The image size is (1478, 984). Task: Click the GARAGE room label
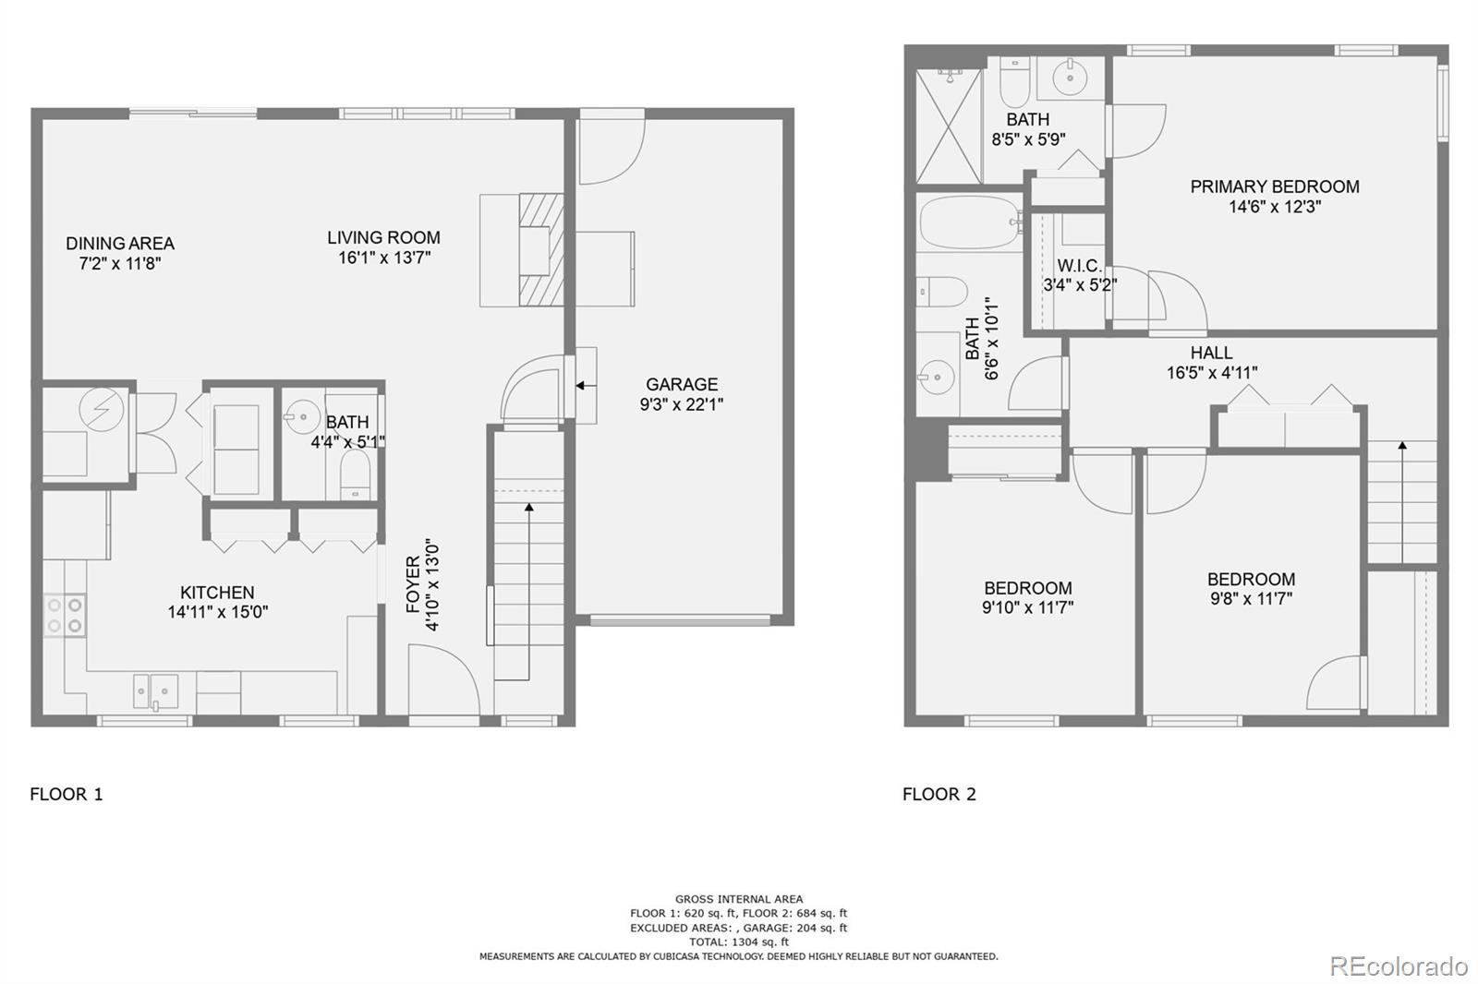pyautogui.click(x=682, y=385)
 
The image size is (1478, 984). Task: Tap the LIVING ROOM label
pyautogui.click(x=384, y=237)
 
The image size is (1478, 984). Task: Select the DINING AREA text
pyautogui.click(x=120, y=244)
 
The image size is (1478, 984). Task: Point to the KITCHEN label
pyautogui.click(x=217, y=593)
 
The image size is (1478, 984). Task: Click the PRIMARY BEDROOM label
pyautogui.click(x=1275, y=186)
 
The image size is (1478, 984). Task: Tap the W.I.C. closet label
pyautogui.click(x=1080, y=266)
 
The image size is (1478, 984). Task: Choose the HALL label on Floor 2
pyautogui.click(x=1211, y=353)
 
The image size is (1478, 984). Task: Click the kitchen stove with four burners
pyautogui.click(x=65, y=616)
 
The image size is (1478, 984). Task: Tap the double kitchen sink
pyautogui.click(x=156, y=690)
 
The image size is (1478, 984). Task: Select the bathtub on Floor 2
pyautogui.click(x=968, y=222)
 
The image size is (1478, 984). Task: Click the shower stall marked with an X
pyautogui.click(x=949, y=126)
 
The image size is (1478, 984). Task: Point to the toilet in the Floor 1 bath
pyautogui.click(x=355, y=474)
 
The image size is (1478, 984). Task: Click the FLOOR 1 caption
pyautogui.click(x=67, y=794)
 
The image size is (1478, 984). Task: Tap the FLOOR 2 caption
pyautogui.click(x=939, y=794)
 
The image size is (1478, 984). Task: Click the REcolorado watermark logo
pyautogui.click(x=1399, y=966)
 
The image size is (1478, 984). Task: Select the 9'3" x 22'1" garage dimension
pyautogui.click(x=682, y=404)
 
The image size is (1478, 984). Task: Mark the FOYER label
pyautogui.click(x=413, y=584)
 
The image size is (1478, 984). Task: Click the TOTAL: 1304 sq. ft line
pyautogui.click(x=739, y=942)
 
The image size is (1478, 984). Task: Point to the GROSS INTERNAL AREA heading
pyautogui.click(x=739, y=899)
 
